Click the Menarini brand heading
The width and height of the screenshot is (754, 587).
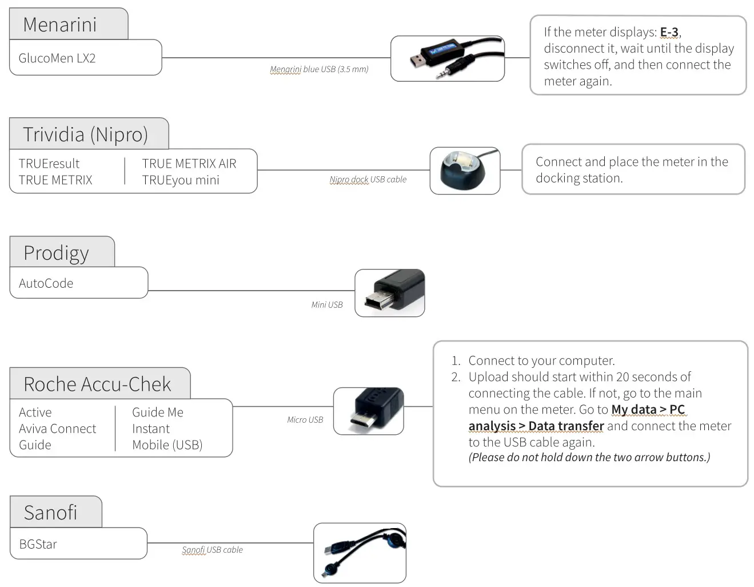tap(60, 25)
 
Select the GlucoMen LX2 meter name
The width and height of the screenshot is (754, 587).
tap(57, 58)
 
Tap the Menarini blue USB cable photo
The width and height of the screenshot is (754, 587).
tap(447, 58)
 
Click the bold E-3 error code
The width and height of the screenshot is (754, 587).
tap(669, 32)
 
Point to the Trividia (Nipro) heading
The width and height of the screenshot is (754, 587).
tap(85, 134)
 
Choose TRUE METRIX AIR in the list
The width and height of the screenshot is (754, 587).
tap(189, 164)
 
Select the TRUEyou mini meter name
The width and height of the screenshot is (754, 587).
tap(181, 180)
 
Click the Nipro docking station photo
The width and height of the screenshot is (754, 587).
tap(465, 170)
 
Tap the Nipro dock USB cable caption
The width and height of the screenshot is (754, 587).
tap(368, 180)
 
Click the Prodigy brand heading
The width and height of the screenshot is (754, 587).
tap(56, 253)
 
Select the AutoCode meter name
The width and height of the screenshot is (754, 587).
tap(46, 283)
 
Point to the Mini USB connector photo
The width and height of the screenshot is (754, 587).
tap(389, 293)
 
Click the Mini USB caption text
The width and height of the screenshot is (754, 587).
tap(326, 305)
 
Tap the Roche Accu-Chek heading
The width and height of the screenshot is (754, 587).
tap(97, 384)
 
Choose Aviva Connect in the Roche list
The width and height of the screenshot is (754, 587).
tap(57, 429)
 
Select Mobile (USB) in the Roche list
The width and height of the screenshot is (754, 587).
tap(167, 445)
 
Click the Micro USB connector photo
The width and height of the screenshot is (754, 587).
tap(368, 411)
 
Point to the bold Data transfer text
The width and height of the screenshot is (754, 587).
tap(566, 426)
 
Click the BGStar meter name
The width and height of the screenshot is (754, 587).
tap(38, 544)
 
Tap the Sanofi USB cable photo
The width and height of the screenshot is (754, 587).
tap(360, 553)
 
